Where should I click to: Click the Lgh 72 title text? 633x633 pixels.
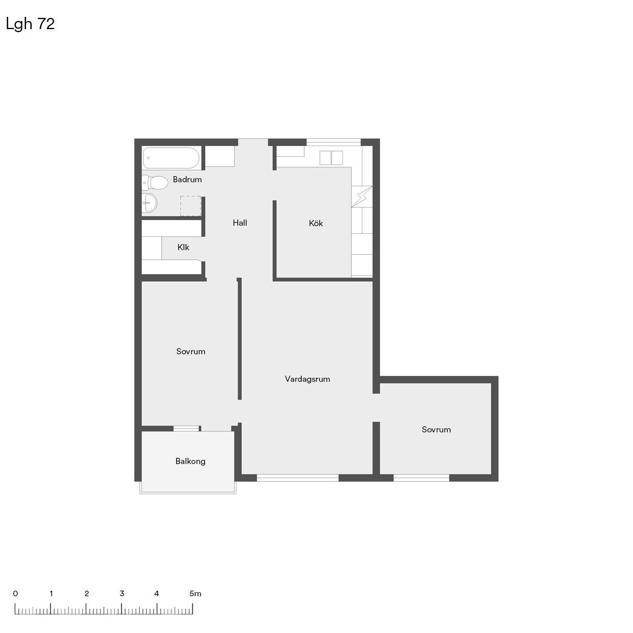pos(30,24)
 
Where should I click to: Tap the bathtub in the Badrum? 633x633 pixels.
pos(171,158)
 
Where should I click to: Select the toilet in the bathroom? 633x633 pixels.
pos(155,182)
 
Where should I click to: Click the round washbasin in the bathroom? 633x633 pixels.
pos(150,203)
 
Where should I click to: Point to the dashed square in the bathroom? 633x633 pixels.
pos(190,206)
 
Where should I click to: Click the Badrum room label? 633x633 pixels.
pos(187,179)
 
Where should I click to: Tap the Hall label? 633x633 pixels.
pos(240,223)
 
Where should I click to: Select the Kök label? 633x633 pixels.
pos(315,224)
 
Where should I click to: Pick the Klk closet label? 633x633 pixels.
pos(183,247)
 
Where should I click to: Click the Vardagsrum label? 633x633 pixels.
pos(307,379)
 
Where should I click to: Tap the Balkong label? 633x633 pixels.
pos(190,461)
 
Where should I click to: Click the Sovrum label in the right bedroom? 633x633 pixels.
pos(436,429)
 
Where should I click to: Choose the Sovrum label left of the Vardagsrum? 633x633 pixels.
pos(191,351)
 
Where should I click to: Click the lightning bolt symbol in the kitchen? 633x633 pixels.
pos(362,197)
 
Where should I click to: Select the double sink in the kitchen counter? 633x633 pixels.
pos(331,158)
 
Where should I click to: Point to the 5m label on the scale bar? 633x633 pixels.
pos(195,593)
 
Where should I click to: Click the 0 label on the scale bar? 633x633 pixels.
pos(15,593)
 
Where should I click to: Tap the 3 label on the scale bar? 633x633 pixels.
pos(122,593)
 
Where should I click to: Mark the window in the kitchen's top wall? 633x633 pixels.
pos(334,142)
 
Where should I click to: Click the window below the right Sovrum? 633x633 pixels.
pos(421,478)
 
